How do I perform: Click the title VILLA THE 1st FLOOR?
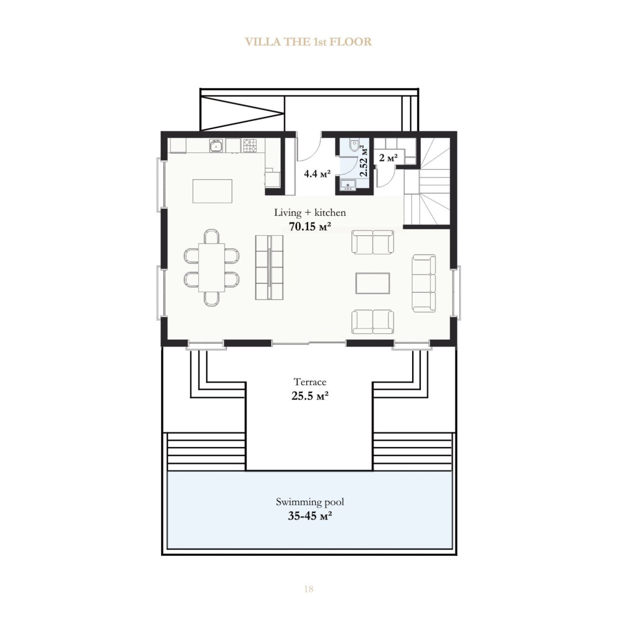click(x=308, y=42)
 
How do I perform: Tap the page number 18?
click(x=308, y=589)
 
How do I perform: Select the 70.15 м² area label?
click(x=309, y=227)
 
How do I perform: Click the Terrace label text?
click(x=310, y=382)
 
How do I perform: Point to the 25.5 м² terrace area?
click(x=310, y=396)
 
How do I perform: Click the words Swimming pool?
click(x=310, y=501)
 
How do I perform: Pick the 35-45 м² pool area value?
click(x=309, y=516)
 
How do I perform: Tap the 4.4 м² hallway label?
click(x=317, y=174)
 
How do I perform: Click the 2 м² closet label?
click(x=389, y=157)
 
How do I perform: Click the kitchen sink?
click(x=216, y=146)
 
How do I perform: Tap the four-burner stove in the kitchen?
click(x=250, y=146)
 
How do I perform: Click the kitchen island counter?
click(x=212, y=191)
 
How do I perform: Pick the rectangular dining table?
click(x=211, y=268)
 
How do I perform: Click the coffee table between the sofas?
click(x=373, y=283)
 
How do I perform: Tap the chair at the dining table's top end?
click(x=212, y=236)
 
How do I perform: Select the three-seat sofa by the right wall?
click(x=424, y=283)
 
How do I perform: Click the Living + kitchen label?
click(x=310, y=213)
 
